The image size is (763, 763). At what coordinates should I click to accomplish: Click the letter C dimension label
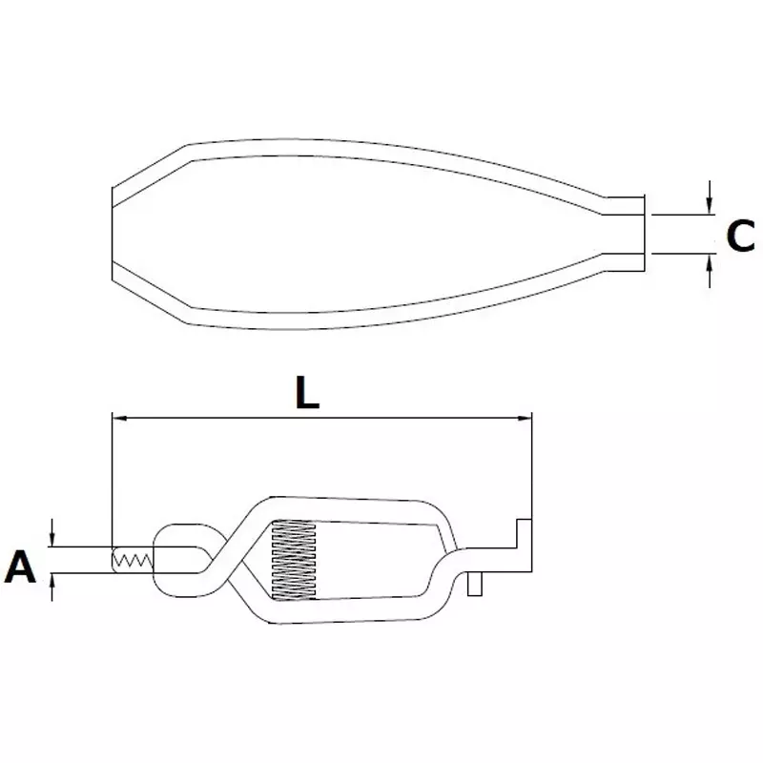click(739, 236)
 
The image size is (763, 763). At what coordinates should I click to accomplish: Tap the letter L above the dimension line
click(305, 394)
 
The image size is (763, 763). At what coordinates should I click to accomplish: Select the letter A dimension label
click(20, 567)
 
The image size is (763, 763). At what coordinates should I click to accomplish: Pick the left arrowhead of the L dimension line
click(119, 417)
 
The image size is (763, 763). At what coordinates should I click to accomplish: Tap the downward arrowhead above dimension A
click(53, 539)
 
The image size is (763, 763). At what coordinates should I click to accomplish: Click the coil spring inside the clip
click(293, 562)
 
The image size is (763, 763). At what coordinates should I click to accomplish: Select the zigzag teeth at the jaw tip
click(132, 560)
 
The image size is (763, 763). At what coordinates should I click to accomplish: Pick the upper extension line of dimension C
click(681, 216)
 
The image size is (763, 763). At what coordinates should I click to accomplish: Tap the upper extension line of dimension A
click(81, 546)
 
